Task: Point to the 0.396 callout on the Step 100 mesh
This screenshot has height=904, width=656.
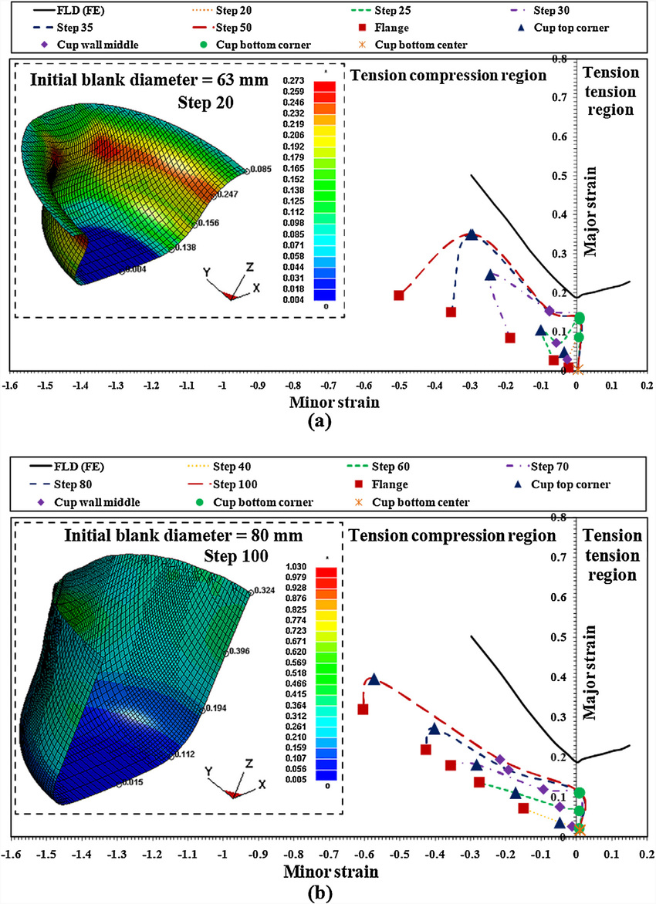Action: pos(242,652)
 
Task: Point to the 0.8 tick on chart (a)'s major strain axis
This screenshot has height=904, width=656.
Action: pos(563,59)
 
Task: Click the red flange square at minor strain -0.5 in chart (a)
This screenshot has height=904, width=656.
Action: pos(399,295)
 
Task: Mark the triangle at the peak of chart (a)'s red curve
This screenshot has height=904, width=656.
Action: pos(471,234)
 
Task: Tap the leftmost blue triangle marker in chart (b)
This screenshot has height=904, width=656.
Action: pos(374,680)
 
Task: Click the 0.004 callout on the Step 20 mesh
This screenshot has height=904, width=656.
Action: pos(136,270)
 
